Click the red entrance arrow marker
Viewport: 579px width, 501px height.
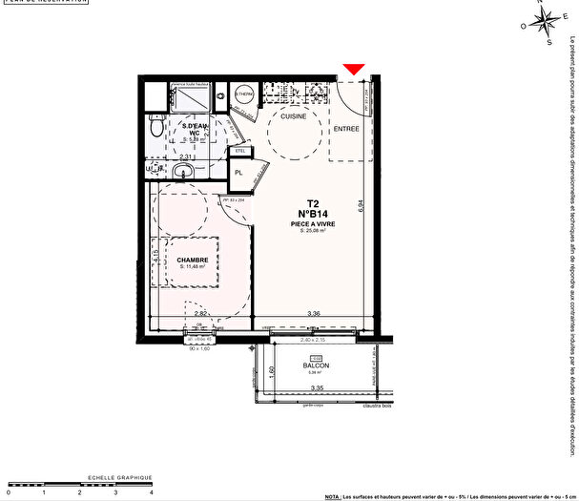[354, 69]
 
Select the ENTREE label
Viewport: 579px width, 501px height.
[346, 127]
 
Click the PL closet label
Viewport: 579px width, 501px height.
[239, 173]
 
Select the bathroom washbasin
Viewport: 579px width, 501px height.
[184, 170]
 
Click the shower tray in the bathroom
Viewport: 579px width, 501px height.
[190, 98]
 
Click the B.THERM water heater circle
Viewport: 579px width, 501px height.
[245, 95]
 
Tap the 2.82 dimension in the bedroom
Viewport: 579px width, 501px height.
[199, 313]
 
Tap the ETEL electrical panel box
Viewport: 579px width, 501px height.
[239, 150]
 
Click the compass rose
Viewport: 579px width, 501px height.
[547, 22]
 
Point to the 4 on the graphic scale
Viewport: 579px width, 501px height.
[151, 492]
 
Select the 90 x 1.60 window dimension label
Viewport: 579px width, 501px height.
[198, 349]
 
